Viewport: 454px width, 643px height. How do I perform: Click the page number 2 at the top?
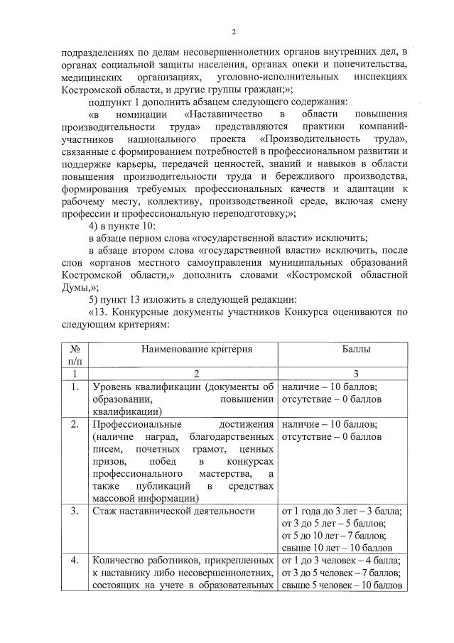tap(234, 31)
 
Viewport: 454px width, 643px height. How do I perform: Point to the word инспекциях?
tap(373, 75)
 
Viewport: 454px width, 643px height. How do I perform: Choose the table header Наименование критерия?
tap(182, 350)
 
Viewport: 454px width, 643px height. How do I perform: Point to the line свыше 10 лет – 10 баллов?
tap(341, 547)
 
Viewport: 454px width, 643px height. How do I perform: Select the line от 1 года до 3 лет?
tap(342, 510)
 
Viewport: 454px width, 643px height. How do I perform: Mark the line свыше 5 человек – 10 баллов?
tap(342, 585)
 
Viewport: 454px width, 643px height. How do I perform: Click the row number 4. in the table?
tap(75, 560)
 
